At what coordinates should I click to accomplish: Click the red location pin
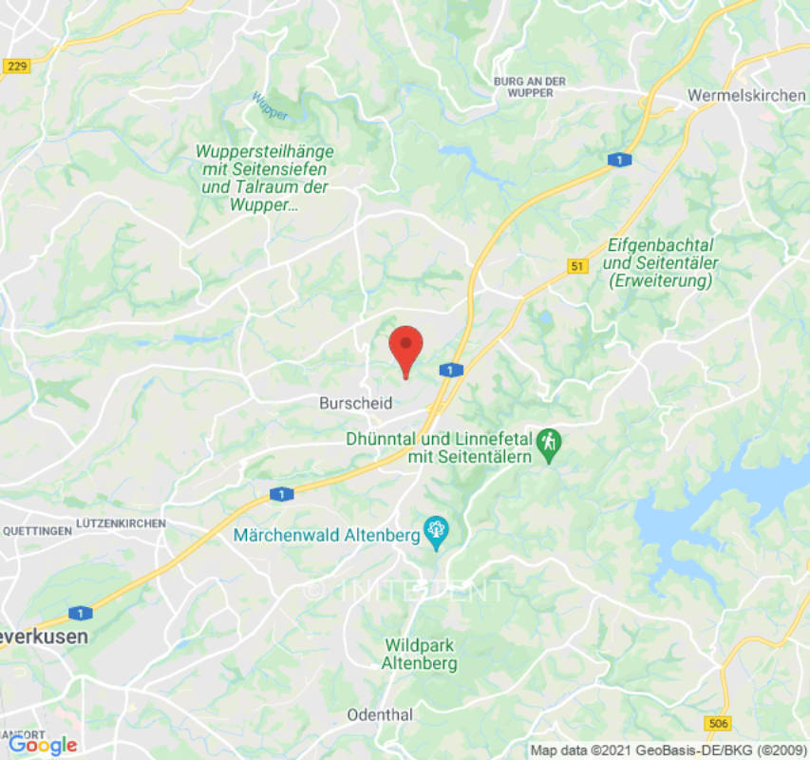pos(406,348)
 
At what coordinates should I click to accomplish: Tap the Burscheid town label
pos(356,404)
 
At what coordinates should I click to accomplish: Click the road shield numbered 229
pos(16,66)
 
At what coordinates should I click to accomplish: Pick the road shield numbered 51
pos(576,267)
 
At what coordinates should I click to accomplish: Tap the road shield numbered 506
pos(719,724)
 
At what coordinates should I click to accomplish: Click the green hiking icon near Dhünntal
pos(549,442)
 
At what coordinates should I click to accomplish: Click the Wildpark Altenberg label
pos(419,655)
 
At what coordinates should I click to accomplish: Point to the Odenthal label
pos(380,714)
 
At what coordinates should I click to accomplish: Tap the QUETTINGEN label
pos(36,531)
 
